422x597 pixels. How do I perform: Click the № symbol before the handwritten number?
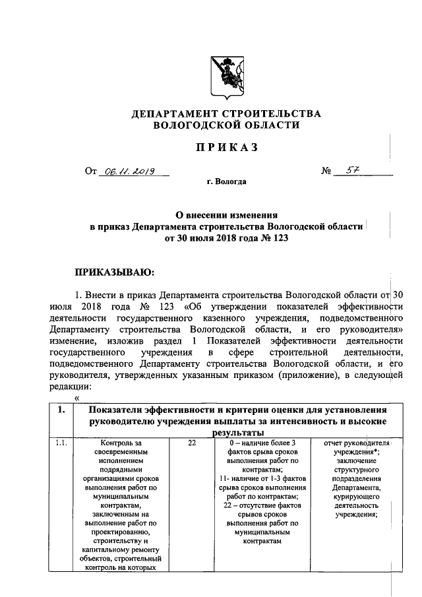pyautogui.click(x=325, y=172)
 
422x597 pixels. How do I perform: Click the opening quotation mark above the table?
pyautogui.click(x=77, y=397)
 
